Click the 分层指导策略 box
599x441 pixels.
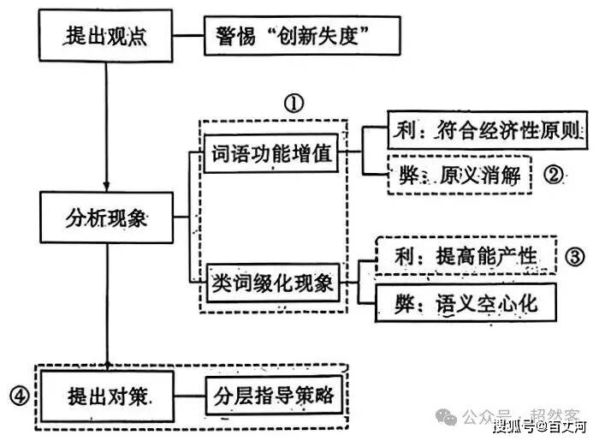pyautogui.click(x=273, y=396)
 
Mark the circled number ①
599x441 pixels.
pyautogui.click(x=294, y=104)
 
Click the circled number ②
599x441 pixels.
pyautogui.click(x=554, y=176)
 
